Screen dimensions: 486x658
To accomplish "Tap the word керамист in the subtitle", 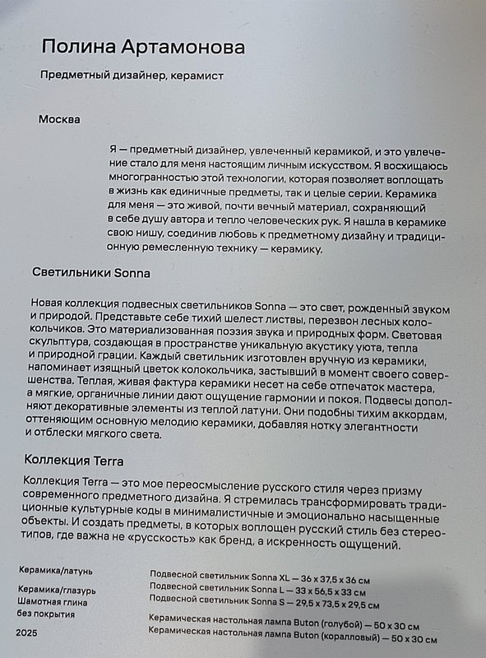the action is pyautogui.click(x=194, y=76).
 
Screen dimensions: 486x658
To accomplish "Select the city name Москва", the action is pyautogui.click(x=59, y=119).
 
